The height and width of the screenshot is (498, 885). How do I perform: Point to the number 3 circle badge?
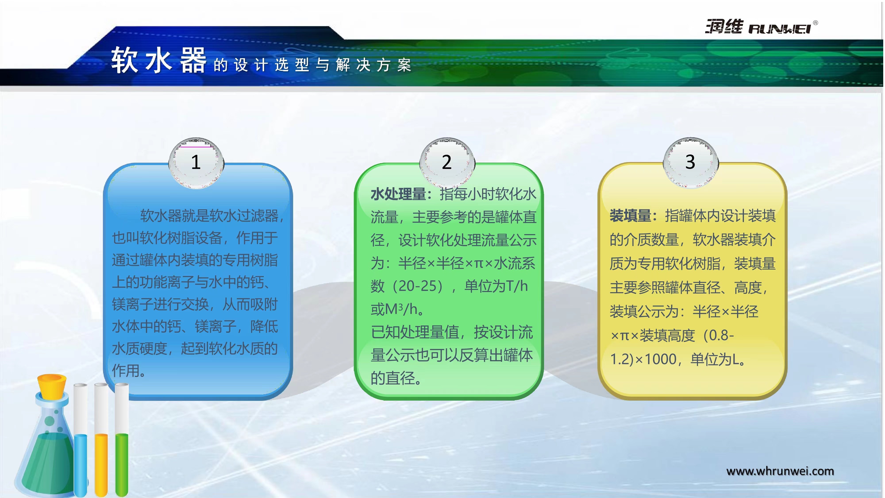691,162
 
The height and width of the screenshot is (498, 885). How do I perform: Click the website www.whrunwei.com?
780,471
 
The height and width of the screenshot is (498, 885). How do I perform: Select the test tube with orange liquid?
101,440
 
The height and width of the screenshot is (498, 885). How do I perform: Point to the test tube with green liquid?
122,440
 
